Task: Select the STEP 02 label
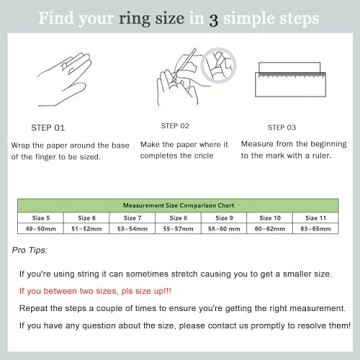(x=171, y=126)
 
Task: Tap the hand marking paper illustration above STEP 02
(x=180, y=77)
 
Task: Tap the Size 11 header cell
(x=316, y=217)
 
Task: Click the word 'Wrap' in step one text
(x=19, y=144)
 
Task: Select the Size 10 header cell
(x=270, y=217)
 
